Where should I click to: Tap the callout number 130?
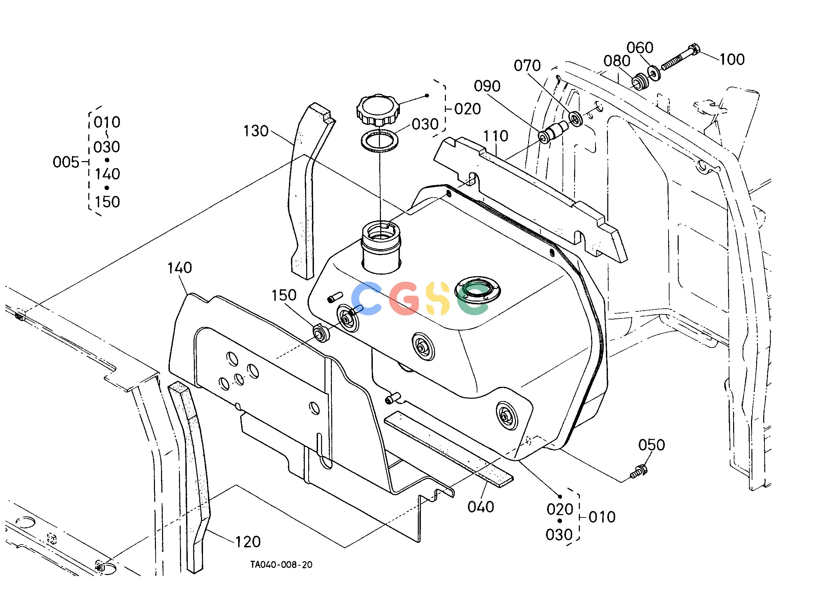point(256,131)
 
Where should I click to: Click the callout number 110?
point(496,136)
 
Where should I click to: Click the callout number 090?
point(487,86)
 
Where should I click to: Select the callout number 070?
point(527,66)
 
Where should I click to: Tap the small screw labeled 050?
point(639,472)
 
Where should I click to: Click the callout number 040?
point(481,507)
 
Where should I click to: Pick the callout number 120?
point(248,541)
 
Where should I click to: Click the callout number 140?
point(180,268)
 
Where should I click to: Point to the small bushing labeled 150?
point(321,333)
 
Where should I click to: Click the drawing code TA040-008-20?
point(281,565)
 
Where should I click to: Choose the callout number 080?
point(617,61)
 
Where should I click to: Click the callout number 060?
point(640,48)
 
